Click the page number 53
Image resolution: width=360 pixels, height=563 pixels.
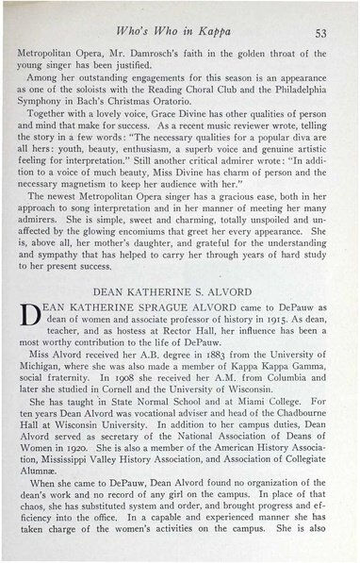click(319, 31)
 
